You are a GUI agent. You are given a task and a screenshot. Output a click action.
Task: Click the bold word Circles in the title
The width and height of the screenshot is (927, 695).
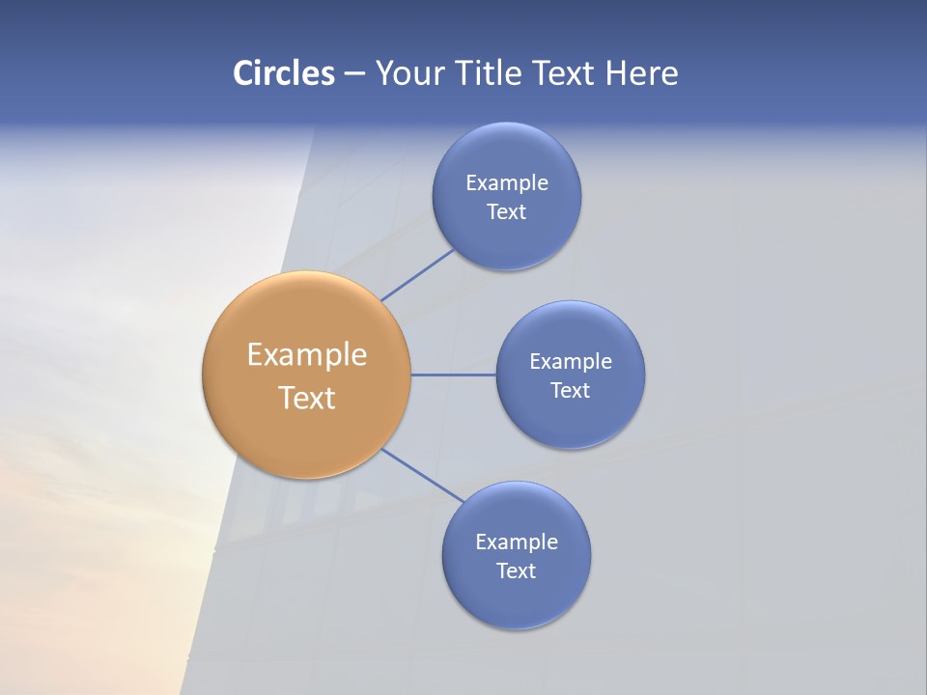pos(283,73)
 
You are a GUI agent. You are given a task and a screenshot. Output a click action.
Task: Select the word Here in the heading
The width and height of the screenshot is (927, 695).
pos(641,73)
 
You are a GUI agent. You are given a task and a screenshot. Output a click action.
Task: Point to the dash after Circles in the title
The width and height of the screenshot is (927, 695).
pos(354,74)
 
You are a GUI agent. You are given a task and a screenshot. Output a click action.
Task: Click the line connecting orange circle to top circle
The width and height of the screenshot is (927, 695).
pos(417,275)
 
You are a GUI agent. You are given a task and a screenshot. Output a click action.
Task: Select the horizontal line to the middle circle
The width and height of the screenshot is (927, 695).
pos(454,375)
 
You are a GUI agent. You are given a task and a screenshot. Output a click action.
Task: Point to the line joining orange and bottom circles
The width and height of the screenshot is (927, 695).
pos(423,476)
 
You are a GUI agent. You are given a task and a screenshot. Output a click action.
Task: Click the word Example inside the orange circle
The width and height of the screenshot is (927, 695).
pos(307,355)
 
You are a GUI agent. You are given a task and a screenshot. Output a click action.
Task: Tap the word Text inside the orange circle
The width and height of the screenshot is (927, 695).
pos(307,398)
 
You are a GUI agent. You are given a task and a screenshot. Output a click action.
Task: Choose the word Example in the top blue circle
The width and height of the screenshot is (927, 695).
pos(507,182)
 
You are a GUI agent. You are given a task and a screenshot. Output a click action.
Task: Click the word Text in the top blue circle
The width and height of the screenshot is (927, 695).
pos(507,212)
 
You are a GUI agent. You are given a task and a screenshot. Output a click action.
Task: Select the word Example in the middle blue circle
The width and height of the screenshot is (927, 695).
pos(571,361)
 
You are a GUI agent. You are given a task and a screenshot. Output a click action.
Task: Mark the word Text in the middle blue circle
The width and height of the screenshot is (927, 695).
pos(571,391)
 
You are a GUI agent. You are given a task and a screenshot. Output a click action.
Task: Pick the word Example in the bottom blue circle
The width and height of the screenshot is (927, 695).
pos(517,542)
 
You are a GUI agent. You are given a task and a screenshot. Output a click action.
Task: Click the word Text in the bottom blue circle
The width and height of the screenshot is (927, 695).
pos(517,571)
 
